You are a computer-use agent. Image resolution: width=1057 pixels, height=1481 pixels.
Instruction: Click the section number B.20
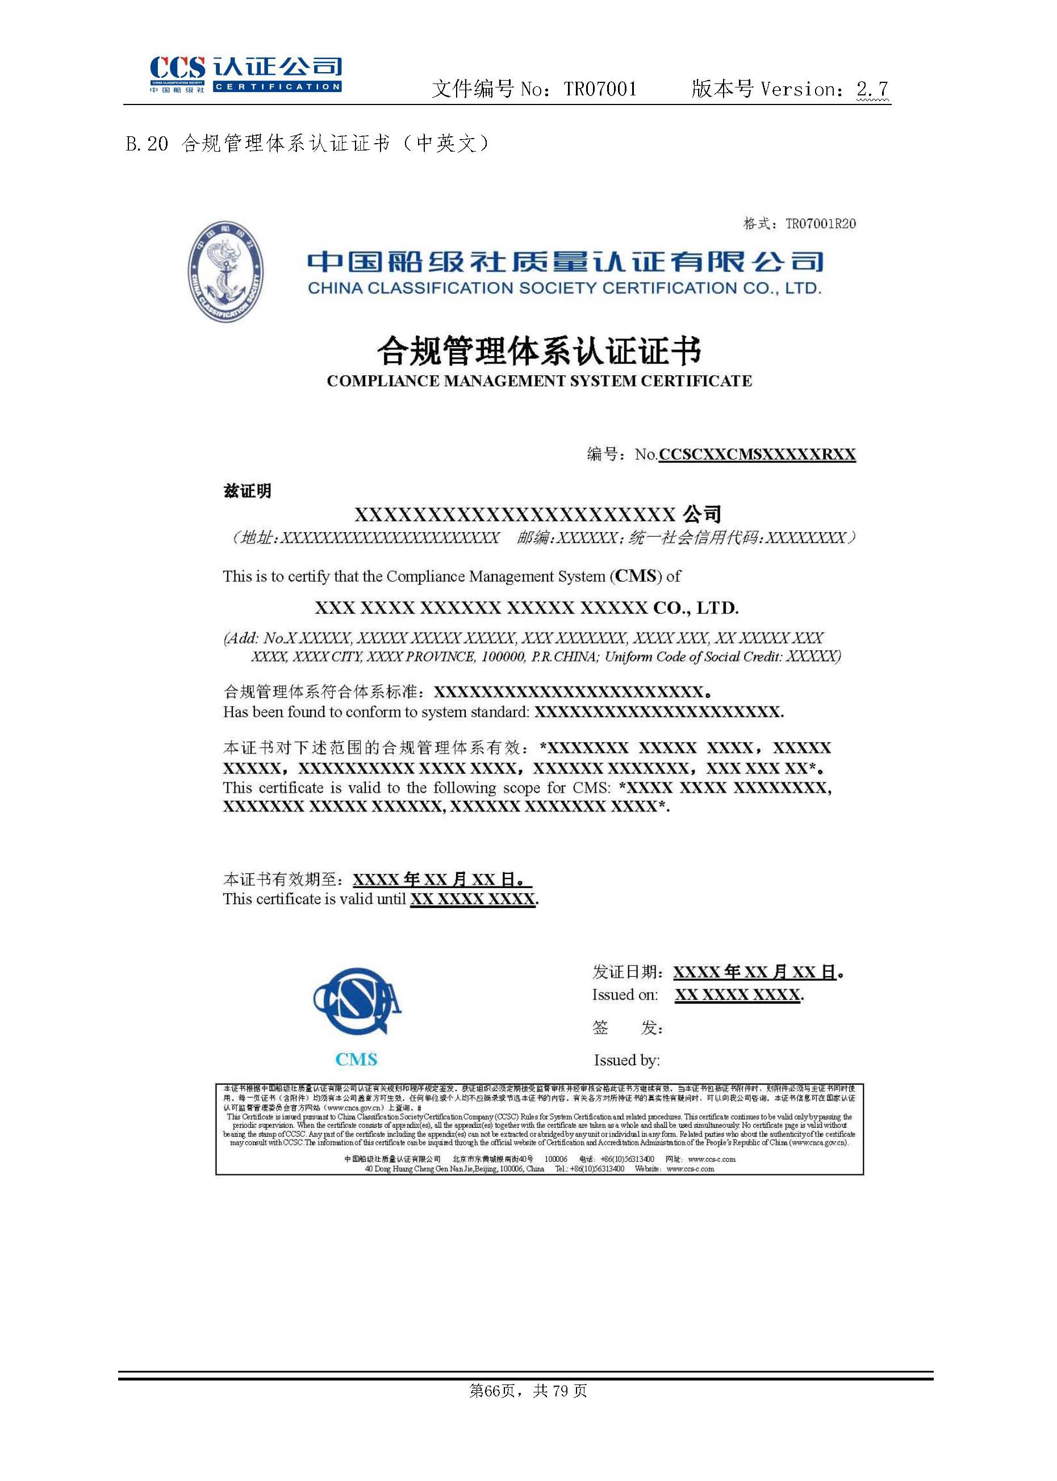(147, 143)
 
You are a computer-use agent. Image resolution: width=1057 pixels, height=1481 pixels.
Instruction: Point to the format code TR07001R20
(820, 224)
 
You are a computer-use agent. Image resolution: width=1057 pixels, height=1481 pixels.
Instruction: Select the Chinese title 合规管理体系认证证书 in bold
(539, 351)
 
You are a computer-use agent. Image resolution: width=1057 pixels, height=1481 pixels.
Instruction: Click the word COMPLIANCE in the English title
(383, 381)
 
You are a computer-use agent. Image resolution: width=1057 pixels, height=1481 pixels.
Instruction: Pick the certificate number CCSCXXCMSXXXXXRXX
(757, 454)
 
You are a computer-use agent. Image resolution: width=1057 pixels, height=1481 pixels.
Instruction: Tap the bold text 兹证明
(247, 491)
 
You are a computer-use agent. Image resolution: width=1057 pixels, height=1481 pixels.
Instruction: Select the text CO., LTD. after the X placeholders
(696, 608)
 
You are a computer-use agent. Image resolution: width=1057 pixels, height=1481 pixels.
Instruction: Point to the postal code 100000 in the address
(503, 656)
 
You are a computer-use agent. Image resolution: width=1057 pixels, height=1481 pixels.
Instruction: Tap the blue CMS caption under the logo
(356, 1059)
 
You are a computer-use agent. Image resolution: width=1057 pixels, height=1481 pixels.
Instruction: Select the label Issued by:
(626, 1060)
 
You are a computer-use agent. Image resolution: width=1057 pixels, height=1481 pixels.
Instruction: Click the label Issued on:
(624, 994)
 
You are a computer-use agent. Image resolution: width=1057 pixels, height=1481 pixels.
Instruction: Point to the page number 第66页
(492, 1391)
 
